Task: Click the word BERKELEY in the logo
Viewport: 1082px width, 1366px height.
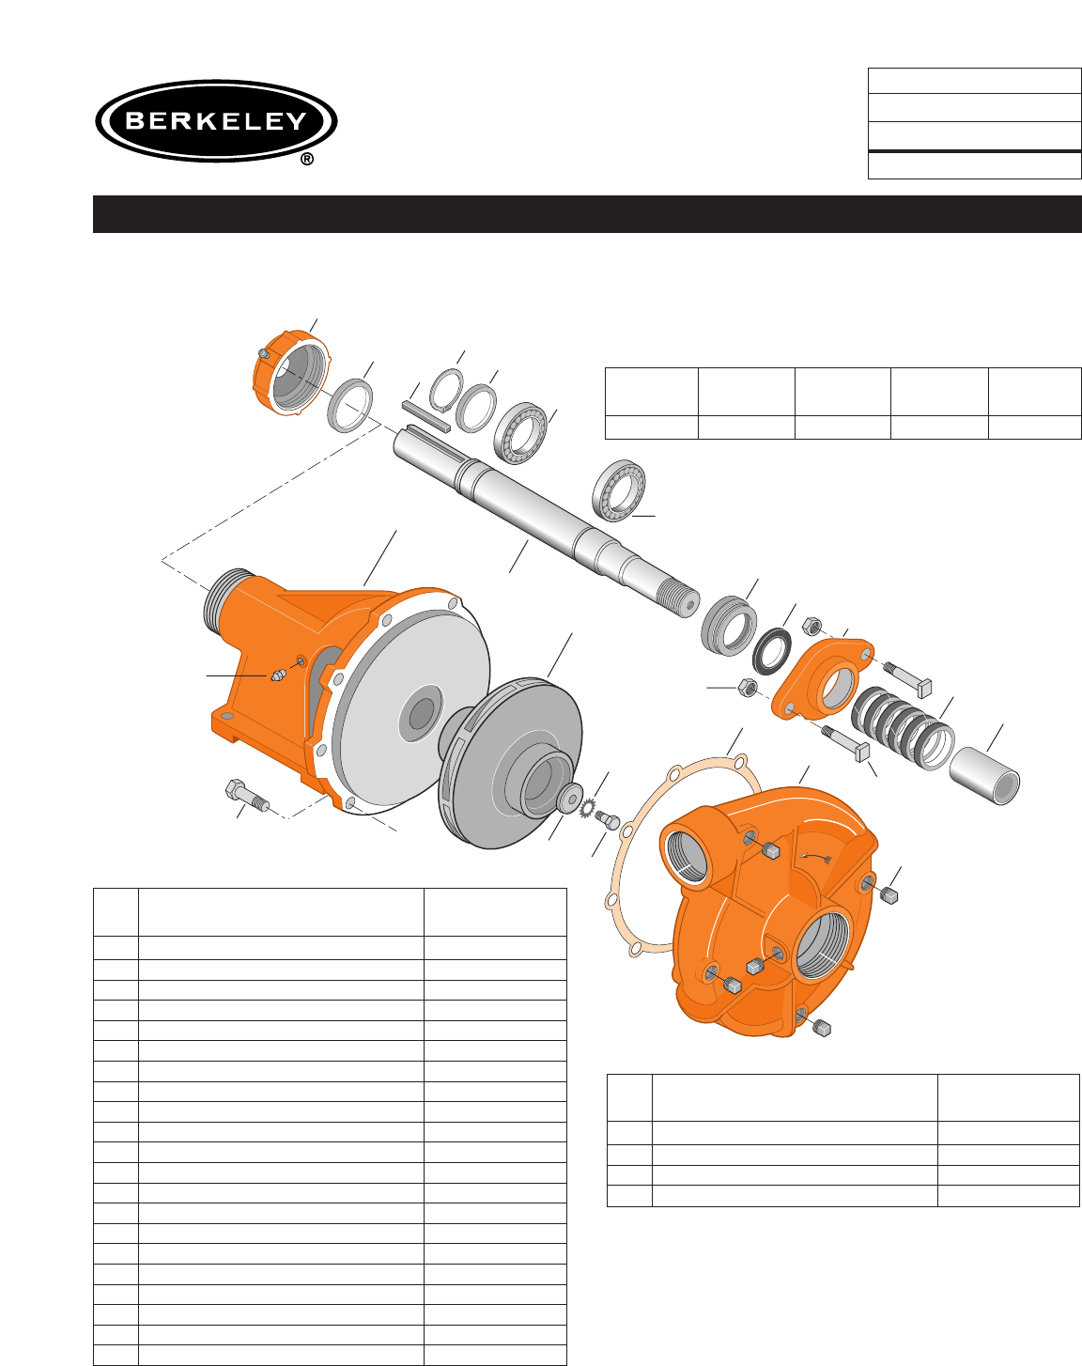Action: [216, 120]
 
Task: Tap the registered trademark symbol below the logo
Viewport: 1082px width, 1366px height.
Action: [306, 160]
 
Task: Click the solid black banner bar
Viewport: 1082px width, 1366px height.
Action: [587, 214]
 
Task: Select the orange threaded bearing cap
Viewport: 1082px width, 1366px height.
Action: [291, 373]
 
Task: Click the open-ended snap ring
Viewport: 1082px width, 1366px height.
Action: [448, 392]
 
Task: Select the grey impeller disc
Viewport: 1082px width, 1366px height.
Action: [510, 762]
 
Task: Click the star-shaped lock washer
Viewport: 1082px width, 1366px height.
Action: [588, 809]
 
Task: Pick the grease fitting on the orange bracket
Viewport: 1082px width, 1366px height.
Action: [278, 675]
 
